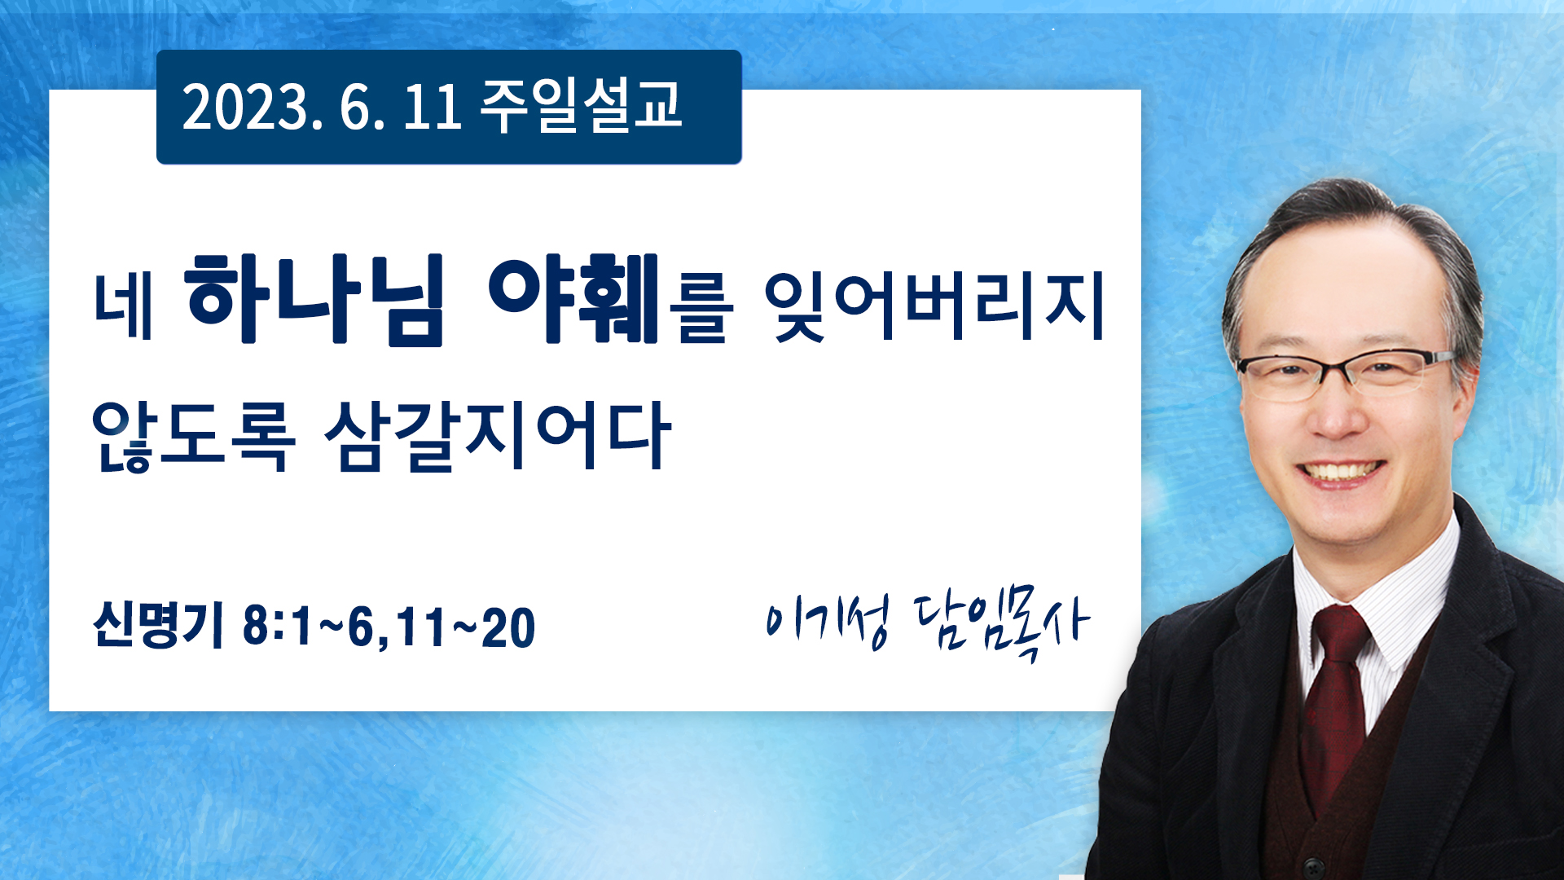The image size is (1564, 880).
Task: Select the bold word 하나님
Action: pyautogui.click(x=316, y=301)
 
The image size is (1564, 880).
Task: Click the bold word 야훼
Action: pyautogui.click(x=573, y=299)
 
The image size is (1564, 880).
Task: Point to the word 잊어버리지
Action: pyautogui.click(x=934, y=306)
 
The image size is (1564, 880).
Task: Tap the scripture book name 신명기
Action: pyautogui.click(x=158, y=626)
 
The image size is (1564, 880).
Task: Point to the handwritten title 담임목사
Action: pyautogui.click(x=1001, y=626)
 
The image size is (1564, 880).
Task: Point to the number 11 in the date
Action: pyautogui.click(x=433, y=107)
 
